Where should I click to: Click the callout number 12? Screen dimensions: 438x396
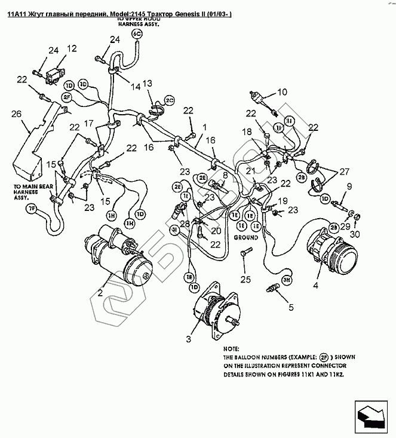point(72,48)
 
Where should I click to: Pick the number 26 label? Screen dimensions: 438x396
point(17,114)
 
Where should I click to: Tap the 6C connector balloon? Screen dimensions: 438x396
point(137,35)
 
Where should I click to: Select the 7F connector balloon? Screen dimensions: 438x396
point(31,209)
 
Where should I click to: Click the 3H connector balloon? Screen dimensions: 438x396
point(287,280)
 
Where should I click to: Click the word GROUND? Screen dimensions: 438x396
point(245,237)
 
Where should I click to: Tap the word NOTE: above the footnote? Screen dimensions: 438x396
point(231,348)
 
